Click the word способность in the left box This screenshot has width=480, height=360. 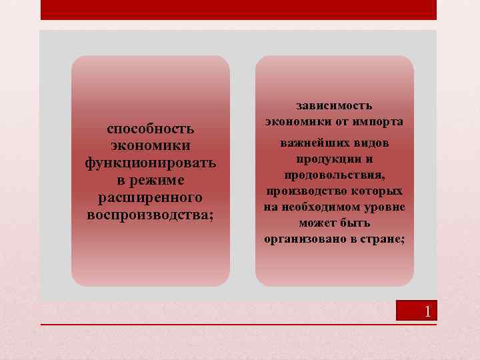click(151, 128)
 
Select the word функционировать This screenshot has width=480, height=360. click(151, 163)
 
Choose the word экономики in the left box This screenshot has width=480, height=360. click(151, 145)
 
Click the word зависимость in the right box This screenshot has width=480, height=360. click(335, 105)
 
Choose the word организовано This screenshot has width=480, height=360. click(301, 239)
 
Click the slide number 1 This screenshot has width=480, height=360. click(427, 311)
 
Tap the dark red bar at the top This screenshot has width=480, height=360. click(239, 9)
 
